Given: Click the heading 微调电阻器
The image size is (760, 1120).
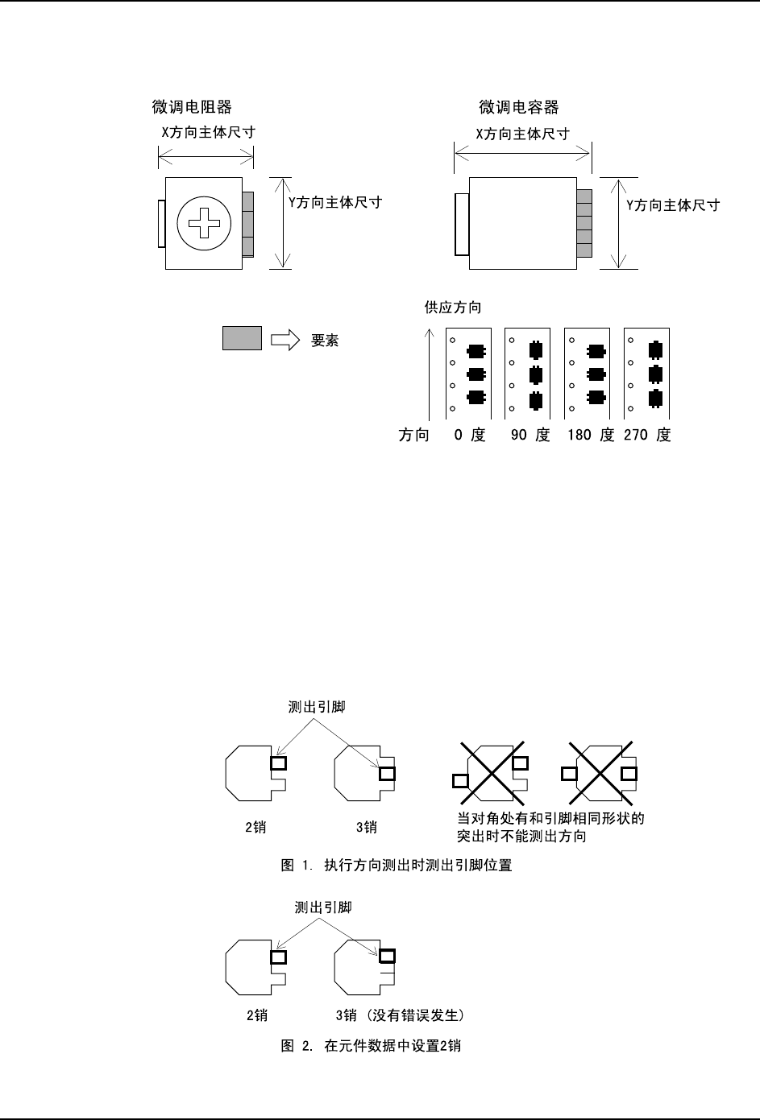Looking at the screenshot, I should click(192, 107).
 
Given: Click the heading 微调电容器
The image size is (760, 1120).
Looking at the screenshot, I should click(519, 107).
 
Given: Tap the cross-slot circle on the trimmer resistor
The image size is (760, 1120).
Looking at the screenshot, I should click(205, 223).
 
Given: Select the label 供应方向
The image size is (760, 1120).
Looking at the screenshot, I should click(454, 308).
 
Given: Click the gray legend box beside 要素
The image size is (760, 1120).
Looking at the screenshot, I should click(242, 338).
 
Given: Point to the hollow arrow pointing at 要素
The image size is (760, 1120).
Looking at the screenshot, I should click(284, 340).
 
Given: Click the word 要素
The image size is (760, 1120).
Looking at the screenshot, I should click(325, 341).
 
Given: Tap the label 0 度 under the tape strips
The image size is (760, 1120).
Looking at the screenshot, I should click(470, 436).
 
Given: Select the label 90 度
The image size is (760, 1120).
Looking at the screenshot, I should click(530, 436).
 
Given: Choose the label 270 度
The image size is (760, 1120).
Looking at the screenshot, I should click(647, 436).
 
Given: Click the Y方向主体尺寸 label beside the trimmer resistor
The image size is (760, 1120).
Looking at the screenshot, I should click(335, 203).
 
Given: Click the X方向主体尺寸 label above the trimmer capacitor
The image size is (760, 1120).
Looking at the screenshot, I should click(522, 134).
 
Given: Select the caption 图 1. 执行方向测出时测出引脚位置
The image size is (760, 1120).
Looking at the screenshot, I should click(397, 866).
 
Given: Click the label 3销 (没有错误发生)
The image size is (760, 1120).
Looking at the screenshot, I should click(400, 1015).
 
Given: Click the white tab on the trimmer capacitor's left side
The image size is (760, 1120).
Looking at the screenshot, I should click(462, 225).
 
